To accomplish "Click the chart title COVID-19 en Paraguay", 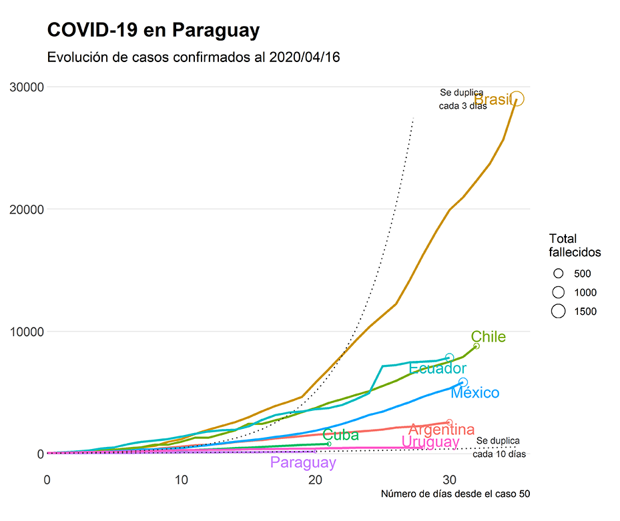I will coord(153,30).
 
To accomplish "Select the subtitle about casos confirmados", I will coord(194,57).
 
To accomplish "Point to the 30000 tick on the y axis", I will coord(26,87).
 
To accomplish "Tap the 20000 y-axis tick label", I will coord(26,209).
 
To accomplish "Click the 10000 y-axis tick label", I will coord(26,332).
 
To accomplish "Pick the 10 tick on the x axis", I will coord(182,480).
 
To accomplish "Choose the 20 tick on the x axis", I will coord(316,480).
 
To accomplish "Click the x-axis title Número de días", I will coord(455,494).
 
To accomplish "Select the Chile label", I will coord(489,337).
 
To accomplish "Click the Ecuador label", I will coord(438,368).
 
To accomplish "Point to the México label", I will coord(475,393).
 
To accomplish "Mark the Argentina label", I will coord(441,430).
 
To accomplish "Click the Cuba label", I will coord(340,436).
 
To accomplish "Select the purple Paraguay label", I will coord(303,462).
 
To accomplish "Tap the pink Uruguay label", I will coord(430,442).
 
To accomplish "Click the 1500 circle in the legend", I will coord(559,311).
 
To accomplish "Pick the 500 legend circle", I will coord(559,274).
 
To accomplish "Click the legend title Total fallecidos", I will coord(575,245).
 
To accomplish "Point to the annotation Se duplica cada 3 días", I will coord(462,99).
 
